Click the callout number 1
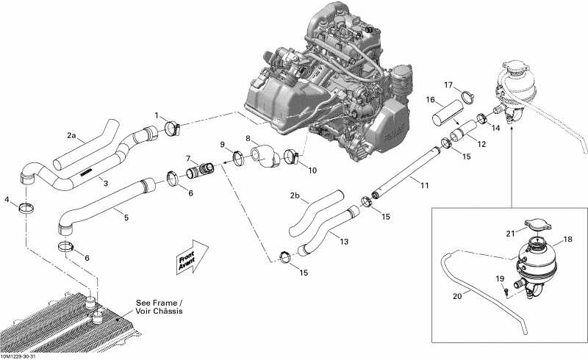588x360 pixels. pos(156,115)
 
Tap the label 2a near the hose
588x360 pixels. pos(71,135)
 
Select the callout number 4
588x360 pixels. pos(7,199)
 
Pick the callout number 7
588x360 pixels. pos(189,158)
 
